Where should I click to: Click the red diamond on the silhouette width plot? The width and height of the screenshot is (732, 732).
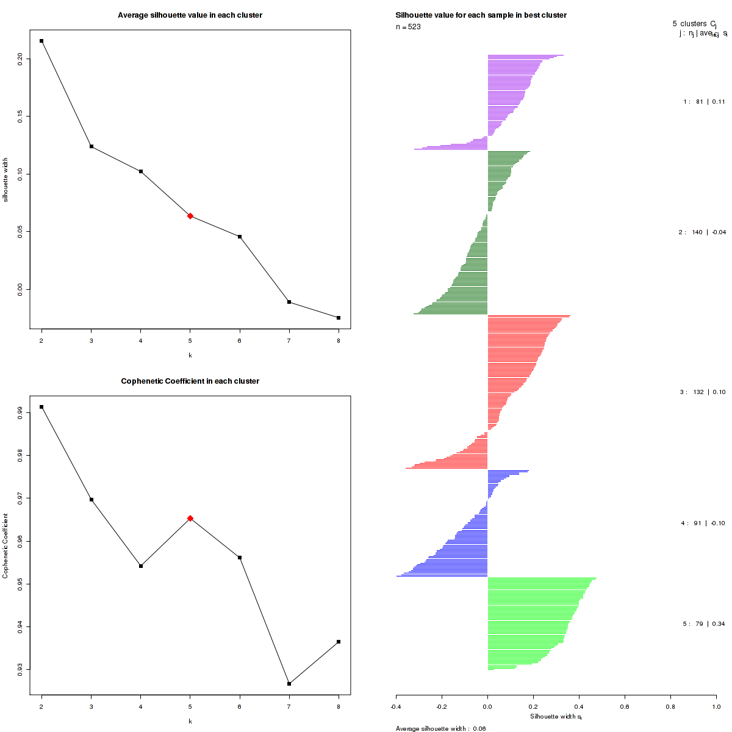pos(190,216)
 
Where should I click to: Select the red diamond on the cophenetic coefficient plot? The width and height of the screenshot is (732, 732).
pos(190,518)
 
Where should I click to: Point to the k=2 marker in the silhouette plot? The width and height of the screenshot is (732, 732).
pos(41,41)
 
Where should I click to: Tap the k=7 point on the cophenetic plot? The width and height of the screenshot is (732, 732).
pos(289,684)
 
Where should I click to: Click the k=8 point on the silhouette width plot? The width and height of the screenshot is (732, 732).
pos(339,318)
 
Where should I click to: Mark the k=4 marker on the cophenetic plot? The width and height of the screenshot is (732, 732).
pos(141,566)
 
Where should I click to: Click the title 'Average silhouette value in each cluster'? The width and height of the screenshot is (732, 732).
pos(190,15)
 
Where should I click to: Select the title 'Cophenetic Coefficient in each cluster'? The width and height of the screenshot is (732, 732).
pos(190,381)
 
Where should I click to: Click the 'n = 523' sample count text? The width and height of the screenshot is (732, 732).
pos(408,27)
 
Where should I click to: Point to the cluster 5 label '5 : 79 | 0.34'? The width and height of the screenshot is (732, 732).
pos(704,624)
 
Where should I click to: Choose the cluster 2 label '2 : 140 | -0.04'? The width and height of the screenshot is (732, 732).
pos(702,232)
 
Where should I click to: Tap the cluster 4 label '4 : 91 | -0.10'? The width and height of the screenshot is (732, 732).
pos(703,523)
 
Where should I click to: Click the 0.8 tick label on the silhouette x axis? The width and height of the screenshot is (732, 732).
pos(670,706)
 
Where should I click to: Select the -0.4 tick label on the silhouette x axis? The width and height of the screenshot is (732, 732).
pos(396,706)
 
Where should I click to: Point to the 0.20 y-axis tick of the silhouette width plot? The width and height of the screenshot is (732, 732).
pos(20,59)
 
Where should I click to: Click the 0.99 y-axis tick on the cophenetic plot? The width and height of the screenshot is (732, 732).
pos(20,413)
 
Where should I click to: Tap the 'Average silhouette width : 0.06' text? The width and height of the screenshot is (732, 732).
pos(440,728)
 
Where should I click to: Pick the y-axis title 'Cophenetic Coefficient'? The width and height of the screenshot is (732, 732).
pos(5,545)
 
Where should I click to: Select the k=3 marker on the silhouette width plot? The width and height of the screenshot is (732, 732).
pos(91,146)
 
